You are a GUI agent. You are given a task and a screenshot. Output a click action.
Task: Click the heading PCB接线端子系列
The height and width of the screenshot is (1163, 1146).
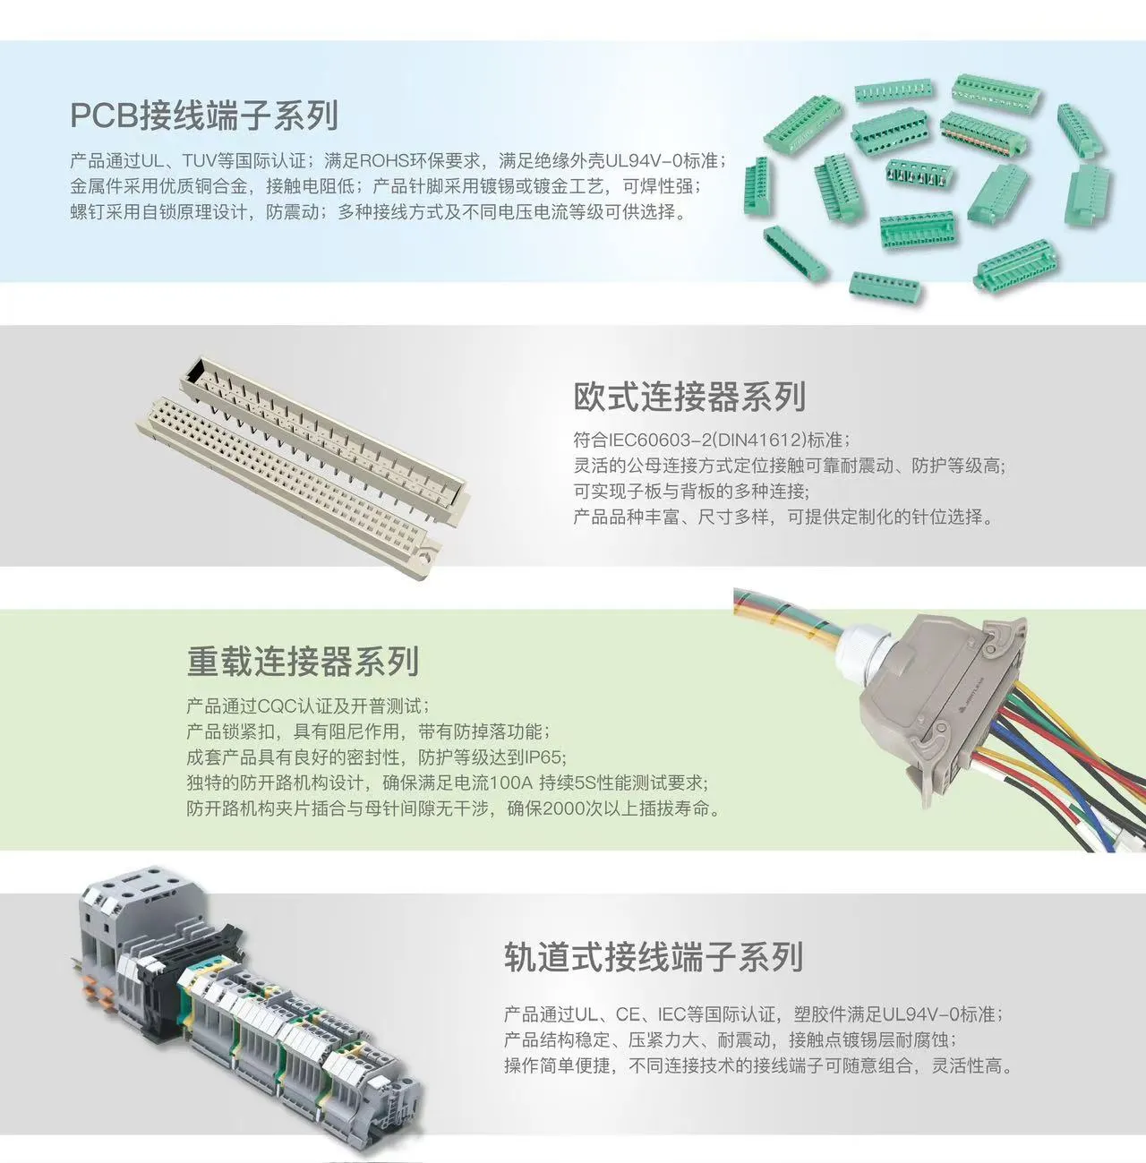coord(204,115)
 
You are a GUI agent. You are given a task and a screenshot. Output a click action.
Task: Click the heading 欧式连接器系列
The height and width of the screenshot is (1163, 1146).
coord(689,397)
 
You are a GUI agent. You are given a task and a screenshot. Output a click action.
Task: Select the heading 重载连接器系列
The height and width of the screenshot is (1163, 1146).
coord(303,662)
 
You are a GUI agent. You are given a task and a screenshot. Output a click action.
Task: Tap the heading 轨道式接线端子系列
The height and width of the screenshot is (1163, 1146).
coord(653,957)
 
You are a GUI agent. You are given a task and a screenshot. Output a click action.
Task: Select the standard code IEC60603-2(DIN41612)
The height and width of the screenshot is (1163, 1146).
coord(707,440)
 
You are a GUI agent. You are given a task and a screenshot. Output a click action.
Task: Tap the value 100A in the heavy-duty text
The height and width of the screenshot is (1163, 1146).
coord(513,783)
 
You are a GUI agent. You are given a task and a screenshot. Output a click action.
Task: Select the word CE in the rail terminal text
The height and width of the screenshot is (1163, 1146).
coord(628,1014)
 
